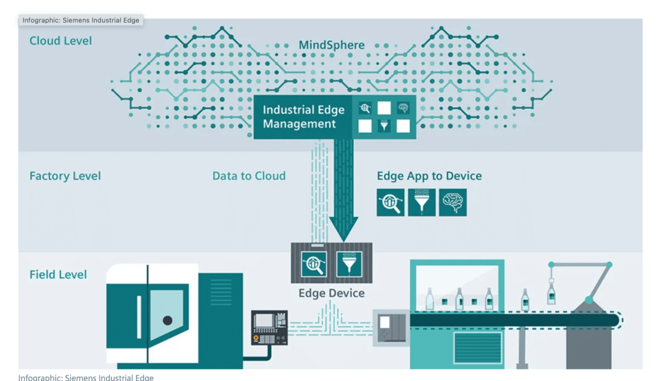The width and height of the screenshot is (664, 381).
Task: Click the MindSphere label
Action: (331, 45)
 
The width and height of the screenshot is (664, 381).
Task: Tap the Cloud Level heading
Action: (61, 41)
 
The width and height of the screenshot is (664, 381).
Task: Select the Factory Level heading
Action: (65, 176)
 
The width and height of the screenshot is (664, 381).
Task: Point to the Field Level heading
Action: (58, 275)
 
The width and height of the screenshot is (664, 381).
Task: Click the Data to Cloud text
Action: (249, 176)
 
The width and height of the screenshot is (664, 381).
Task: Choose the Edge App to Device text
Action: (429, 176)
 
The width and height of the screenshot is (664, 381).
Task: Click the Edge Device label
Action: (331, 293)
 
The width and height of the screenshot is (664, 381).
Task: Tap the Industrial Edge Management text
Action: (303, 117)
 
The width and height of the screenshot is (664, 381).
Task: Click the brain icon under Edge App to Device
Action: (452, 202)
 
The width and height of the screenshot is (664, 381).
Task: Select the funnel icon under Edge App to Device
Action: (421, 202)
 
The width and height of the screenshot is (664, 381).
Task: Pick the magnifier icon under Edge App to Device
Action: (390, 202)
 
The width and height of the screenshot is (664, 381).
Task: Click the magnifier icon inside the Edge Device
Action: (314, 264)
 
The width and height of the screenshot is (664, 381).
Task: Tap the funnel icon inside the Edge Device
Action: (349, 264)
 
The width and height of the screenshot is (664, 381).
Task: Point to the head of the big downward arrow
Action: (344, 228)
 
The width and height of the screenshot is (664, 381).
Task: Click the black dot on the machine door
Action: (168, 320)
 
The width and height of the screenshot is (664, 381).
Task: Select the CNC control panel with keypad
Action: (269, 328)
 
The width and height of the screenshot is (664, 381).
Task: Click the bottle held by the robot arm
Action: (551, 293)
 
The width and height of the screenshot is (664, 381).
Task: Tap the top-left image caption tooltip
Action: (81, 20)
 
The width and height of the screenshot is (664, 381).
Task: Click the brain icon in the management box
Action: (403, 108)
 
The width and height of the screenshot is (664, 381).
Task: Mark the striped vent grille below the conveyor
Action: (478, 347)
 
